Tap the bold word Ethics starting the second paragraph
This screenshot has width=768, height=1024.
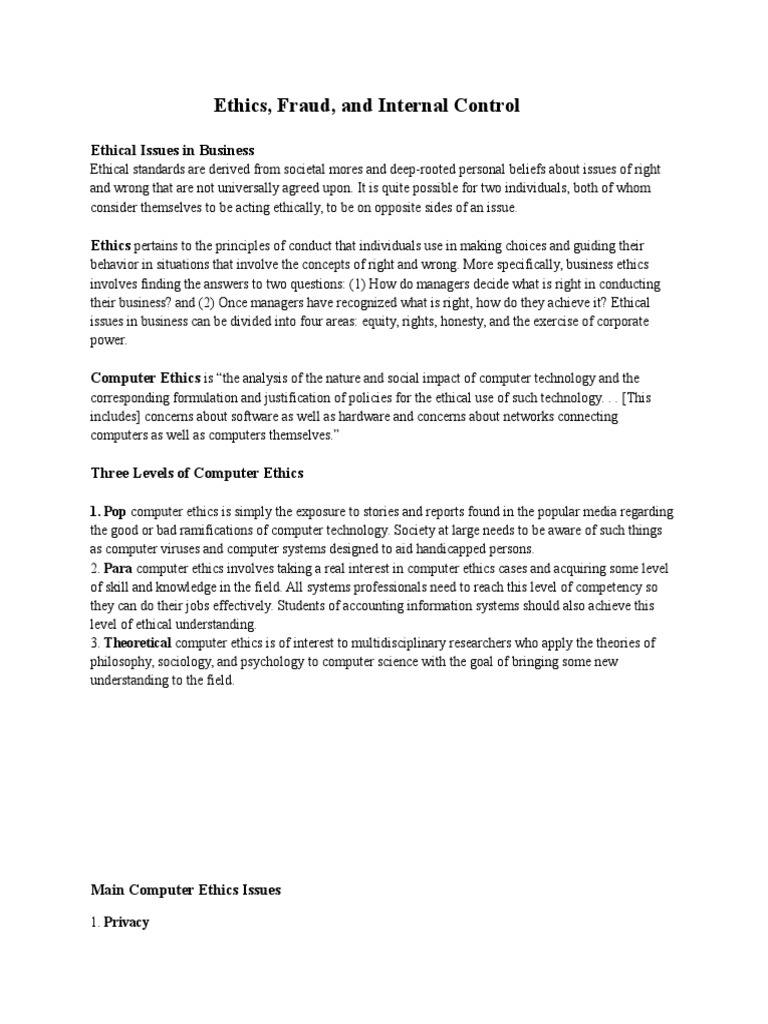pyautogui.click(x=110, y=245)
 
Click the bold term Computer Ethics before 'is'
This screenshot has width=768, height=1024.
pyautogui.click(x=145, y=378)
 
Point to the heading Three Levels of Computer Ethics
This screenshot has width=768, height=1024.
pyautogui.click(x=197, y=472)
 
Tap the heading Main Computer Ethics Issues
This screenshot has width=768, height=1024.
pyautogui.click(x=186, y=889)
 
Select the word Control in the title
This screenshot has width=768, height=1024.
pyautogui.click(x=483, y=105)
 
